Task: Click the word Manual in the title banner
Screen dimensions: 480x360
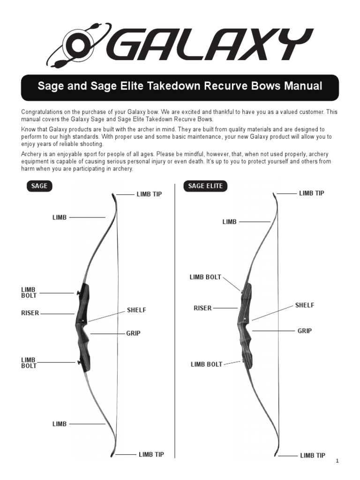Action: click(x=304, y=87)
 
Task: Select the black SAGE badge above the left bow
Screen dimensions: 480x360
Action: click(x=39, y=186)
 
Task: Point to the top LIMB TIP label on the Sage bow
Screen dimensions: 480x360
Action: click(x=149, y=194)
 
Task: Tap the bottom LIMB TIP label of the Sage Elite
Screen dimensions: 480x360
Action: click(x=312, y=455)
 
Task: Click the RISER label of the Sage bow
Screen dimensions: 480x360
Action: click(x=30, y=313)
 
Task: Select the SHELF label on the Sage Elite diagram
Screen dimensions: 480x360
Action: click(x=305, y=305)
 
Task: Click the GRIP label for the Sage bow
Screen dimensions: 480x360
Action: click(x=133, y=333)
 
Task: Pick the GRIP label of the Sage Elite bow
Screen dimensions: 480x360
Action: click(x=305, y=330)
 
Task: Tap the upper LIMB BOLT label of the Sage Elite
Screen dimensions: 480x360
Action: click(x=205, y=277)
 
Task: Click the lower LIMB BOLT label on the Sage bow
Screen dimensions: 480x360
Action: click(x=29, y=363)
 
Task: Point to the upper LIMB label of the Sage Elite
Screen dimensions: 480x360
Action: click(x=229, y=222)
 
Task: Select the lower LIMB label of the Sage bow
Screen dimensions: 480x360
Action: click(x=60, y=424)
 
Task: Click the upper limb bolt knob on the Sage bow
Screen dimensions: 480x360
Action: click(x=78, y=293)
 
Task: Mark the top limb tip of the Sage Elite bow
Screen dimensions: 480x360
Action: click(x=275, y=193)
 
